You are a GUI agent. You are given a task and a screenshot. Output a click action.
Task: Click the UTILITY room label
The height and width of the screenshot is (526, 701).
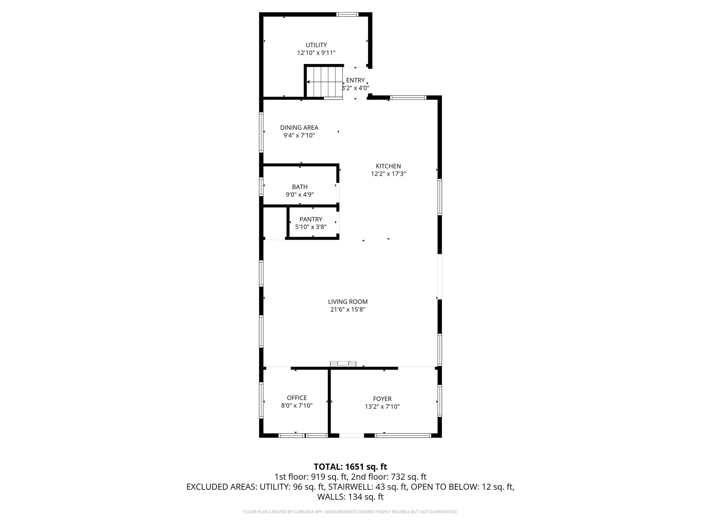coord(316,45)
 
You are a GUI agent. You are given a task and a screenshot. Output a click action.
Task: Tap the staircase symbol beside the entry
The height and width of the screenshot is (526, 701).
coord(324,82)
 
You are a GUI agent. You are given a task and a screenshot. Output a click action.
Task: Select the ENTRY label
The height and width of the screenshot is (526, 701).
coord(355,80)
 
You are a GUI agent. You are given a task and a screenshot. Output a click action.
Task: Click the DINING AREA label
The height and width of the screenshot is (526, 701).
coord(299,128)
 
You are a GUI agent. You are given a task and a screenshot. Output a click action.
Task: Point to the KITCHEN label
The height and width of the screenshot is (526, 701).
coord(388,166)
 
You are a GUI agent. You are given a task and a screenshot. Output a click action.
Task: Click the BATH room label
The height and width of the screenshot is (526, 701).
coord(299,187)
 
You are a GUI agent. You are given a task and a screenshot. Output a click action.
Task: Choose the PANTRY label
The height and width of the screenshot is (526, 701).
coord(311,219)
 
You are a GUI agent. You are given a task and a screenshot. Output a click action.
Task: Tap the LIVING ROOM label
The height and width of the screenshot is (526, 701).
coord(348,302)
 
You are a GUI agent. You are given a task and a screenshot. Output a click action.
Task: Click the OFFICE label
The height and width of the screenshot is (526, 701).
coord(297,398)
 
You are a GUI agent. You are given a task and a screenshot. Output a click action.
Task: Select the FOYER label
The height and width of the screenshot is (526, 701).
coord(382,399)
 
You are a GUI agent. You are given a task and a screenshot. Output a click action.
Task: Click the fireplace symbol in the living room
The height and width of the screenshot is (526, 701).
coord(343,363)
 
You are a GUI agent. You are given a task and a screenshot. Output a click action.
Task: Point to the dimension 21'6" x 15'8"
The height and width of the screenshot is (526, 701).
coord(348,310)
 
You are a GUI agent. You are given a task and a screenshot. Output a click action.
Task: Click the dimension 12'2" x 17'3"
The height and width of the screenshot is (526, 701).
coord(388,174)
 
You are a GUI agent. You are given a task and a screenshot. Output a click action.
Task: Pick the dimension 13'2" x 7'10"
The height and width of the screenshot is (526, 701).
coord(382,406)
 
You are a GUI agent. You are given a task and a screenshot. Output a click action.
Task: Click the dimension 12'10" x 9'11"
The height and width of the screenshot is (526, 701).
coord(316,53)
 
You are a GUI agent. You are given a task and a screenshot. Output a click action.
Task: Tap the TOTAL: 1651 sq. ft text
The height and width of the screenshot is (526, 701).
coord(350,466)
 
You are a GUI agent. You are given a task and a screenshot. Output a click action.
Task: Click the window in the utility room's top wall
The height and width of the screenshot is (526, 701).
coord(347,14)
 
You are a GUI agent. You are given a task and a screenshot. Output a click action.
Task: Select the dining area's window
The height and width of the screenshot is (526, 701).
coord(261,132)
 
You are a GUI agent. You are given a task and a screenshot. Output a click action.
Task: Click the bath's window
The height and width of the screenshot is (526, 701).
coord(261,187)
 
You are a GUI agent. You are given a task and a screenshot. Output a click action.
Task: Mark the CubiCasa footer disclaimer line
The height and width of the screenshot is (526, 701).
coord(350,512)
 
